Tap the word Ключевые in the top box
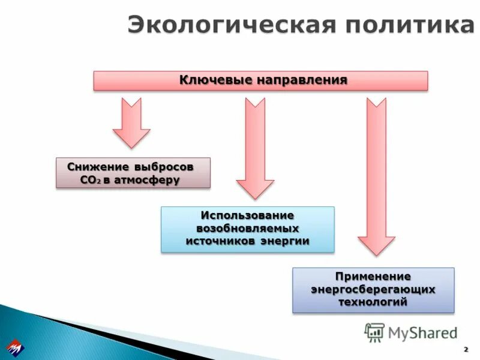coord(216,80)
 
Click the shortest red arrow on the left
coord(131,122)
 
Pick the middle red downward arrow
coord(255,148)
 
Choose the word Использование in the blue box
coord(247,215)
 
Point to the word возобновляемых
coord(247,229)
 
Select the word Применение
coord(373,277)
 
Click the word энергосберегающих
coord(373,290)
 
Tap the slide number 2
coord(466,349)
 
